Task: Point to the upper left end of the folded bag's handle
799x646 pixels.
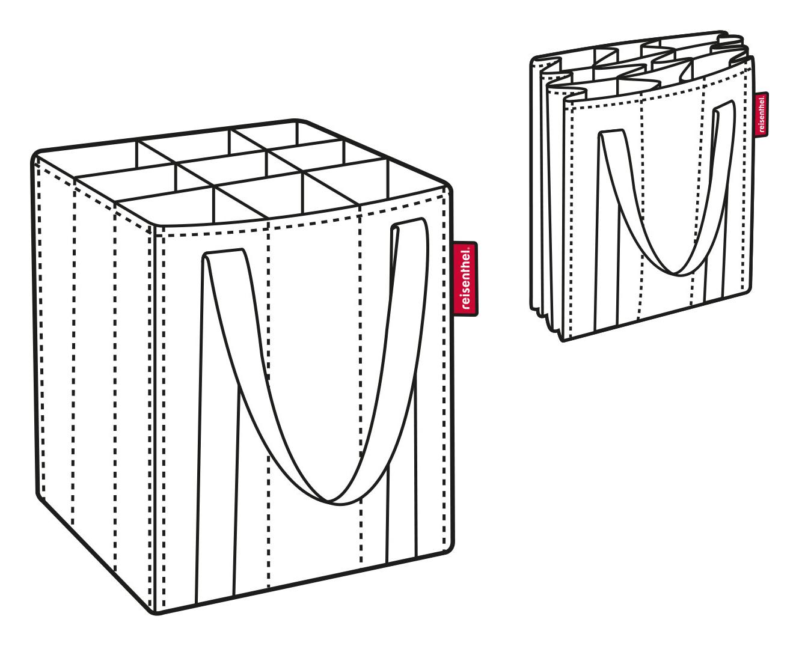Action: [611, 133]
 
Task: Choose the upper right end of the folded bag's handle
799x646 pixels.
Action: [724, 105]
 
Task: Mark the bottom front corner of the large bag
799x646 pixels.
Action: [157, 613]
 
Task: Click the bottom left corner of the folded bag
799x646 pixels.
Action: [563, 340]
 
